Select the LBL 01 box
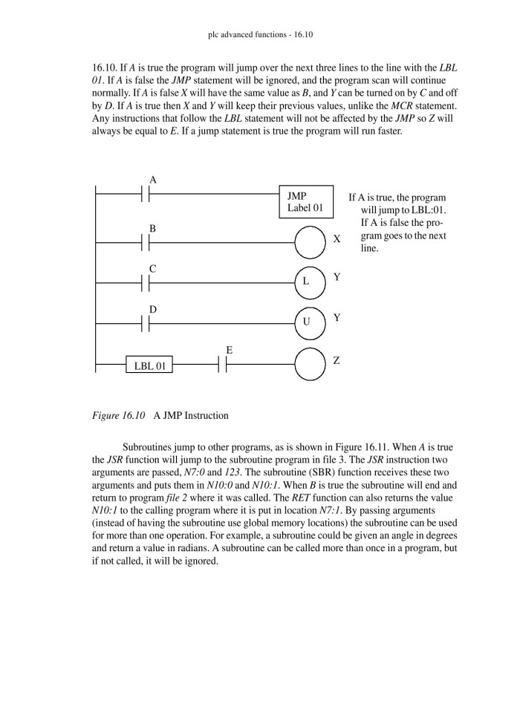click(x=149, y=365)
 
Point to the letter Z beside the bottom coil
click(x=337, y=360)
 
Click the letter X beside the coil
click(x=337, y=240)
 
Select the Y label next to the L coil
click(x=337, y=277)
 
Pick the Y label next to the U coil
click(x=337, y=317)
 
